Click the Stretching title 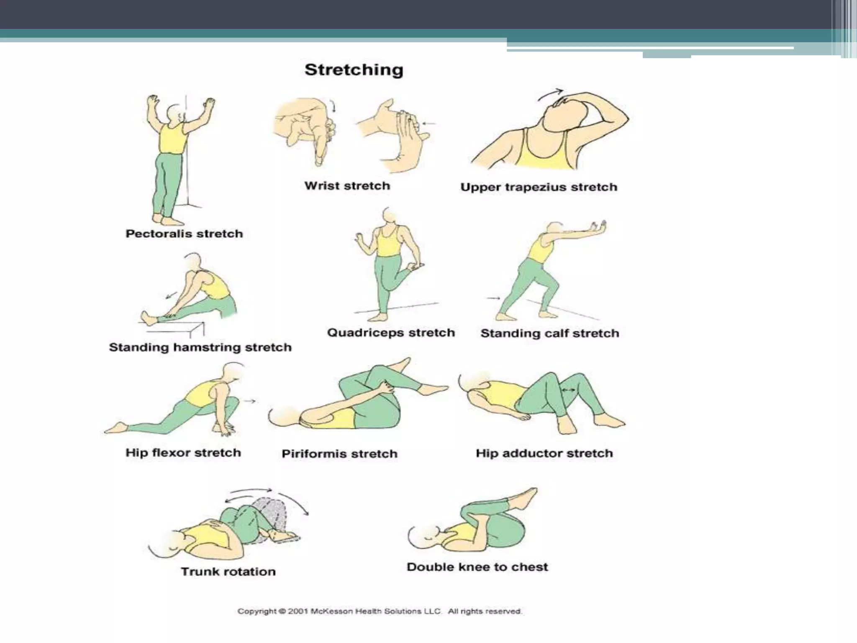[x=354, y=70]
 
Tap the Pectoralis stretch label [x=184, y=234]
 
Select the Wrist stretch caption [x=347, y=186]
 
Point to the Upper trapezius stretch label [x=539, y=187]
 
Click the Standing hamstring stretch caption [x=200, y=347]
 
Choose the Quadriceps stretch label [x=391, y=333]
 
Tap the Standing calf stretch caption [x=549, y=334]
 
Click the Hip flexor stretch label [x=183, y=453]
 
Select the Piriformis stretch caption [x=339, y=454]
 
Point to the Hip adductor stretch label [x=544, y=453]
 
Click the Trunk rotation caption [x=228, y=572]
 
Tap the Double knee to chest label [x=477, y=567]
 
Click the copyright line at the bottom [x=380, y=612]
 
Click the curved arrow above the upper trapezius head [x=550, y=94]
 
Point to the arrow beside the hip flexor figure [x=250, y=401]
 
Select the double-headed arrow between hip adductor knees [x=568, y=390]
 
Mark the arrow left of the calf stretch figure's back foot [x=493, y=298]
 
